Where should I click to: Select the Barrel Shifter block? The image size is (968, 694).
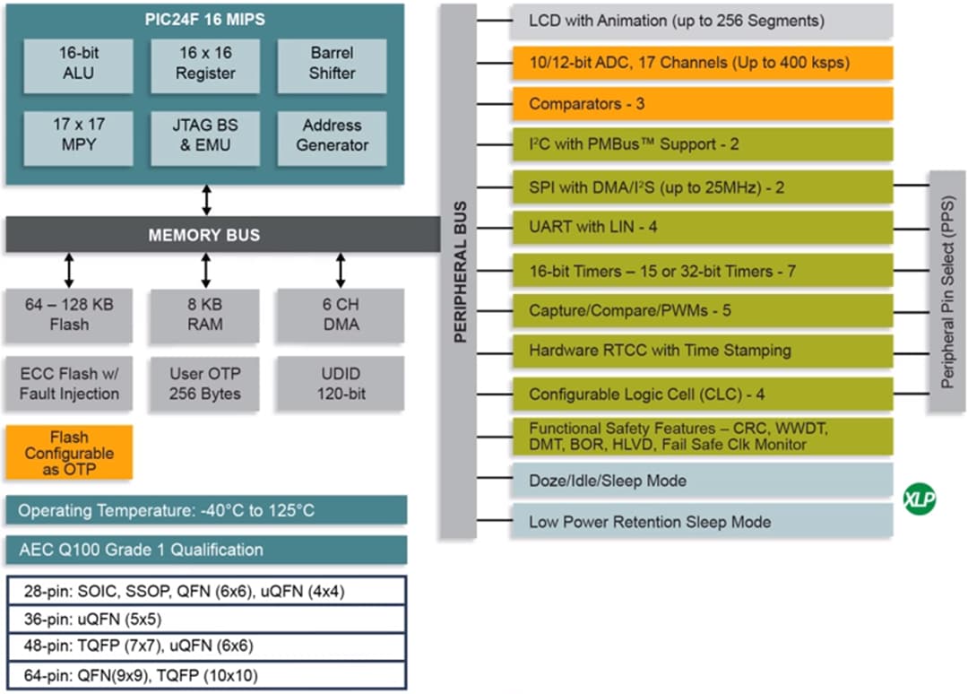coord(332,63)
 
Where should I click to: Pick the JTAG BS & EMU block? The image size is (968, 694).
coord(204,135)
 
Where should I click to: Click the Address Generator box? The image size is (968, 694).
coord(332,135)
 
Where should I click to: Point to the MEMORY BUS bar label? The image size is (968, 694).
coord(204,235)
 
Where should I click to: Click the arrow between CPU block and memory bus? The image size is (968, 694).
coord(207,199)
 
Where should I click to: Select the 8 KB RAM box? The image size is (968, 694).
coord(204,315)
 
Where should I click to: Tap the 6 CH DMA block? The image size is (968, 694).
coord(341,315)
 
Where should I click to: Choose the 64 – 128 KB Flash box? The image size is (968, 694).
coord(69,315)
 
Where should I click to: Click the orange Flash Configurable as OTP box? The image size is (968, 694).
coord(69,453)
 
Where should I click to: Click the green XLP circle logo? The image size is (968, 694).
coord(919,499)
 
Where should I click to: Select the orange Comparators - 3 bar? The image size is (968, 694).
coord(702,104)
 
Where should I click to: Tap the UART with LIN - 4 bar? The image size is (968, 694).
coord(702,228)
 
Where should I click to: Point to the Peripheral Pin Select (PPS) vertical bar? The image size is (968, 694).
coord(946,291)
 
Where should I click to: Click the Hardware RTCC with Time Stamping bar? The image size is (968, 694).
coord(702,351)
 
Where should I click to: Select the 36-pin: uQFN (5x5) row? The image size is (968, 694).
coord(206,619)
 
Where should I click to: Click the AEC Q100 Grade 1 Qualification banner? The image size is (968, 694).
coord(206,550)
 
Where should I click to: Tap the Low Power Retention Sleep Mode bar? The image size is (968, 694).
coord(702,522)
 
